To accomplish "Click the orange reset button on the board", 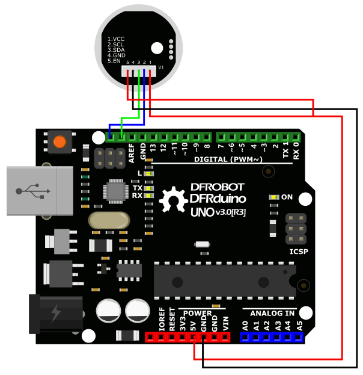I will click(59, 142).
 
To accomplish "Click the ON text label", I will click(287, 197).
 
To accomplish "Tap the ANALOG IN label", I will click(272, 313).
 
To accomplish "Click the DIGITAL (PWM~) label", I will click(228, 160).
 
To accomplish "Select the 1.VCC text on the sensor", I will click(116, 39).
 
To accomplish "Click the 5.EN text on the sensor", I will click(114, 61).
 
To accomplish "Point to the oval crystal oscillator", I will click(109, 220).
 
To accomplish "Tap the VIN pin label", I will click(226, 321).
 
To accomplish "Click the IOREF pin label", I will click(162, 319).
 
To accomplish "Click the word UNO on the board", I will click(201, 212).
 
